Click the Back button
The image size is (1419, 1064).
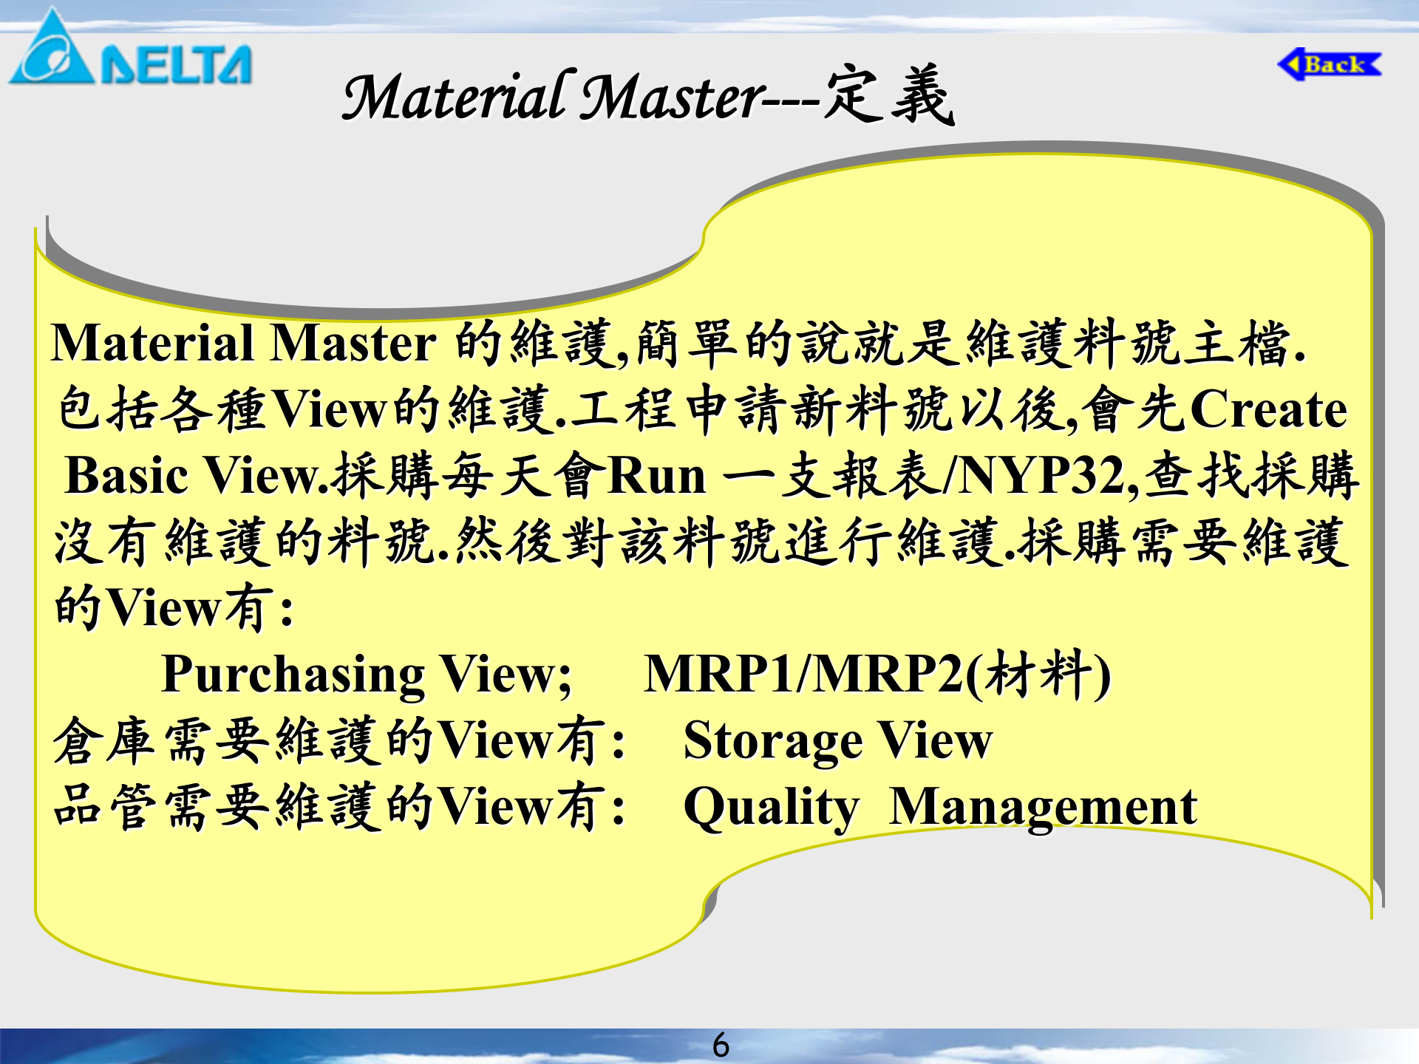pos(1330,65)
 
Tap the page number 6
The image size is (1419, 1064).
pos(721,1045)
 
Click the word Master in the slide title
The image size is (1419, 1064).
pos(673,97)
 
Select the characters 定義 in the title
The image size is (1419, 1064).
pos(889,95)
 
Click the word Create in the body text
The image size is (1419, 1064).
pos(1268,409)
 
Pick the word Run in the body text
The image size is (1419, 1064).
pos(656,476)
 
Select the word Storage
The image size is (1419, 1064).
pos(772,741)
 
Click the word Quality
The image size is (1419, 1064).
pos(772,808)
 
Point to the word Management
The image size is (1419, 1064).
pos(1043,808)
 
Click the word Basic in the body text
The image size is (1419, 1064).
pos(126,476)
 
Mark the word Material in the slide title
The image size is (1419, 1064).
pos(455,97)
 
